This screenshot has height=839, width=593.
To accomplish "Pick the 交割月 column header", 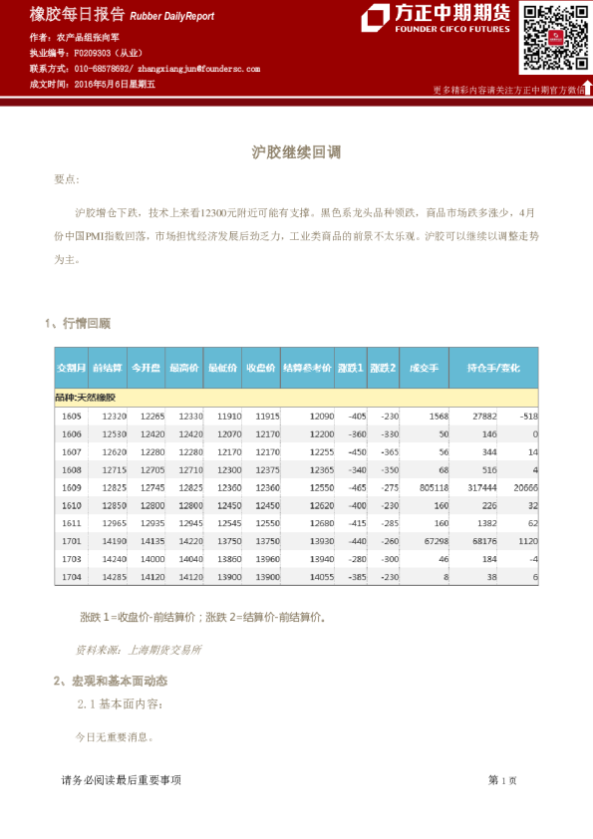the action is pos(72,368).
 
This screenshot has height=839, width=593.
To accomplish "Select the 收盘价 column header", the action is pos(260,368).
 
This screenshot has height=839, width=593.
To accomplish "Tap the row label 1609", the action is pos(72,488).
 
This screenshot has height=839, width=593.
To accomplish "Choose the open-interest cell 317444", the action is pos(481,488).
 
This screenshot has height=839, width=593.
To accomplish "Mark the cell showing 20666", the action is pos(524,488).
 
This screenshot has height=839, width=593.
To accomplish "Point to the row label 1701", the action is pos(72,541).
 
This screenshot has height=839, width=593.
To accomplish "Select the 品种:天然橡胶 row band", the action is pos(296,398).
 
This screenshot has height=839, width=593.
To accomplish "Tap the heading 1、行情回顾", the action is pos(78,323).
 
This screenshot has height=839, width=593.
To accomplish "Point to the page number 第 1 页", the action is pos(502,781).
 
